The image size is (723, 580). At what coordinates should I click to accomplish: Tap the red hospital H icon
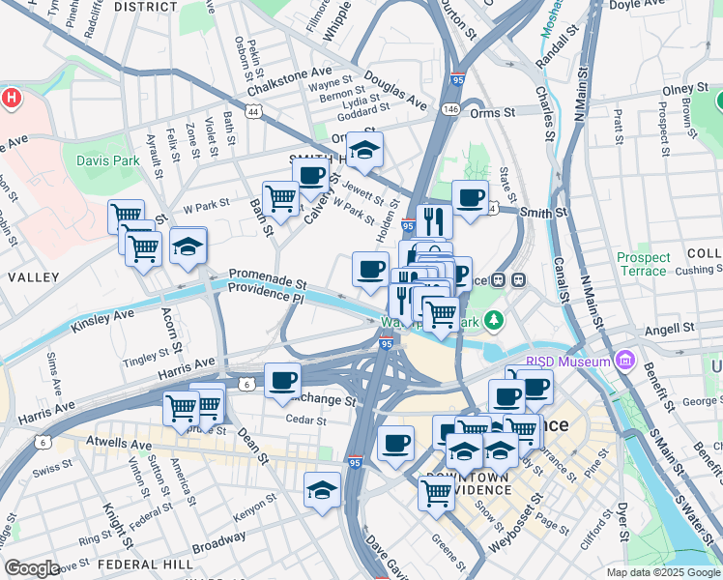[11, 98]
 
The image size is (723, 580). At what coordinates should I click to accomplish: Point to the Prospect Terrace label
[644, 264]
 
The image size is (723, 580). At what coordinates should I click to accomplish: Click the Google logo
[32, 568]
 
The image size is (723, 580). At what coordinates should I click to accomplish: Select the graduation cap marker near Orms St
[364, 150]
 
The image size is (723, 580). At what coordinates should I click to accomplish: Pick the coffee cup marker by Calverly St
[310, 175]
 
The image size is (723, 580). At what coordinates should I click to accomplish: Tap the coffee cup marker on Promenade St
[369, 270]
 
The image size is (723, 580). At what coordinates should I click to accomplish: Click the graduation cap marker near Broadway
[322, 491]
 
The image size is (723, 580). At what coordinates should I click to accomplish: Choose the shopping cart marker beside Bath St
[280, 199]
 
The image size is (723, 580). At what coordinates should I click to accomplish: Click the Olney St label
[685, 90]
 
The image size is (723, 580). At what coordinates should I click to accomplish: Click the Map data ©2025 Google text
[662, 572]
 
